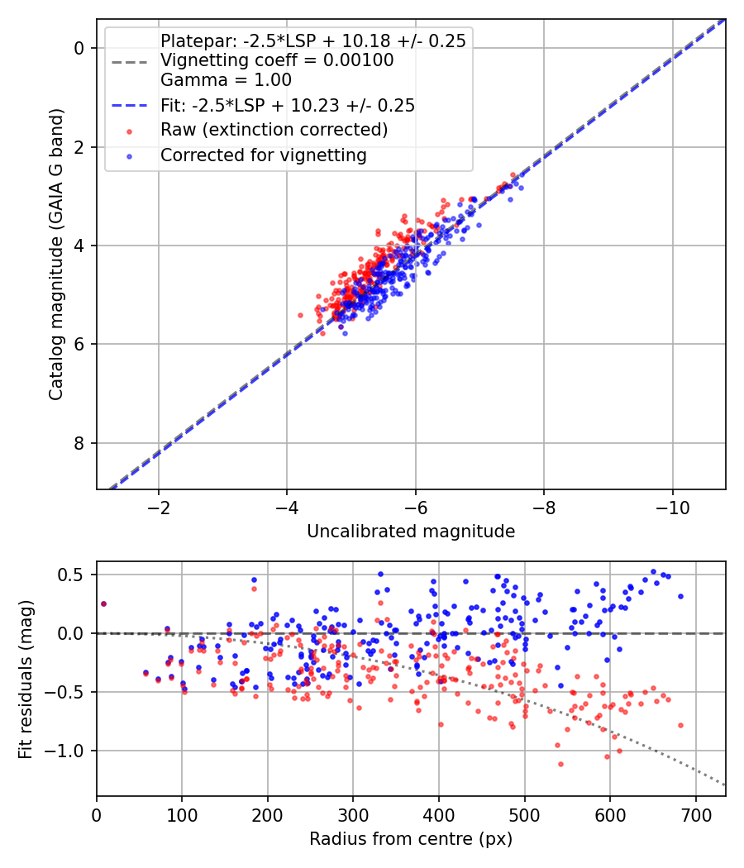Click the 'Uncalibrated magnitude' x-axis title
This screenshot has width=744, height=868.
click(411, 532)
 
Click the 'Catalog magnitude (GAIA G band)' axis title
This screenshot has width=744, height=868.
click(56, 254)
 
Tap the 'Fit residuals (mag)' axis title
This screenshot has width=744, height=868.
click(26, 680)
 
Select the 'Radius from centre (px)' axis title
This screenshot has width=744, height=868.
click(411, 839)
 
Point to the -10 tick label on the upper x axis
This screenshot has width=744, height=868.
click(673, 508)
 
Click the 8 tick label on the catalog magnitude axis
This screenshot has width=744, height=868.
click(79, 443)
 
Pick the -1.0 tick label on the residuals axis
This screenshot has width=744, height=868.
click(64, 751)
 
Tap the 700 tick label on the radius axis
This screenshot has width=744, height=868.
click(695, 815)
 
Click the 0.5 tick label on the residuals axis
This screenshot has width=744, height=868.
click(70, 575)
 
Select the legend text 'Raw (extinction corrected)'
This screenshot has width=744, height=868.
click(274, 130)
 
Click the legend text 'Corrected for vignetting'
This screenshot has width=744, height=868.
click(264, 155)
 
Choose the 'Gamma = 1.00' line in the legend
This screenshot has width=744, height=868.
click(226, 79)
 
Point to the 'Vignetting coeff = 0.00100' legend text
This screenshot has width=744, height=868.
click(277, 60)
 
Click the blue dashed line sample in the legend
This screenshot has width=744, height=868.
click(130, 105)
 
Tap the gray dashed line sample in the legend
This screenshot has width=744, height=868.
click(130, 61)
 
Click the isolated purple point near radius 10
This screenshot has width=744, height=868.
click(103, 604)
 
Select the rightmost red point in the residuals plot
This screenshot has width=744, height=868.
click(680, 725)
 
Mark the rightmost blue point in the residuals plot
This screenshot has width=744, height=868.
click(680, 596)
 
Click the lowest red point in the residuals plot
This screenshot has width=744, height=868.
click(560, 764)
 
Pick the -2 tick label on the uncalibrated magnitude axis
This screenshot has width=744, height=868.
click(159, 508)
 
